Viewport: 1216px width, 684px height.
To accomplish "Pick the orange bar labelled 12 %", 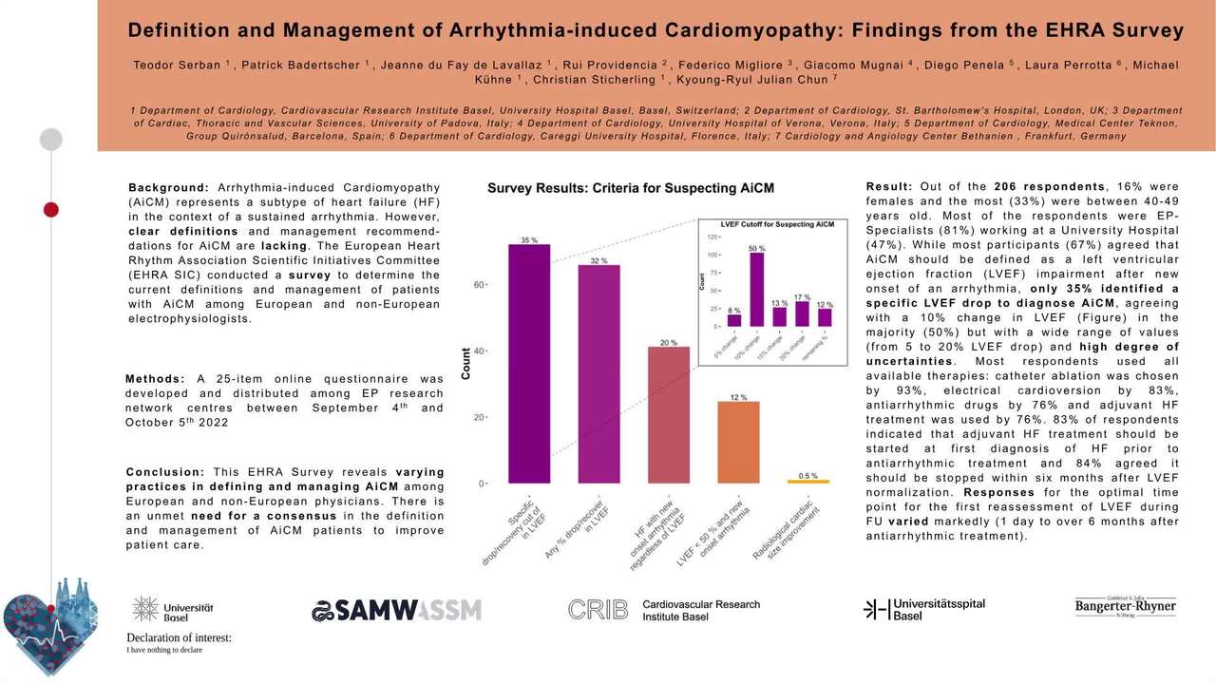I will click(x=738, y=443).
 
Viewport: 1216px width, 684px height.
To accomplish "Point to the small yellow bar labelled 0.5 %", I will click(x=808, y=482).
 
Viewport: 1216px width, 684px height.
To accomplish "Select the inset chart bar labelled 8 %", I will click(x=733, y=321).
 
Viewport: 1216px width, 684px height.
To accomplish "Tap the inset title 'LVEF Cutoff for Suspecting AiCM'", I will click(x=777, y=224).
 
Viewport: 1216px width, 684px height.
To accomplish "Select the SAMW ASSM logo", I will click(x=396, y=610).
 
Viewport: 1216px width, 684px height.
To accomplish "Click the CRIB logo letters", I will click(x=598, y=610).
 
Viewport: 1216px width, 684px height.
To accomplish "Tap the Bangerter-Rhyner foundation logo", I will click(x=1126, y=607).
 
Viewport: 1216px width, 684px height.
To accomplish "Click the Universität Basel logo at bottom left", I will click(x=173, y=610).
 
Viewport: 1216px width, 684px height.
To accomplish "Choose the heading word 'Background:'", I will click(x=169, y=188).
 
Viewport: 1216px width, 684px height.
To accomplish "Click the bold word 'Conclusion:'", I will click(x=165, y=472).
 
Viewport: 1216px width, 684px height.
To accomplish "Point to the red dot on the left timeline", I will click(x=51, y=209).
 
